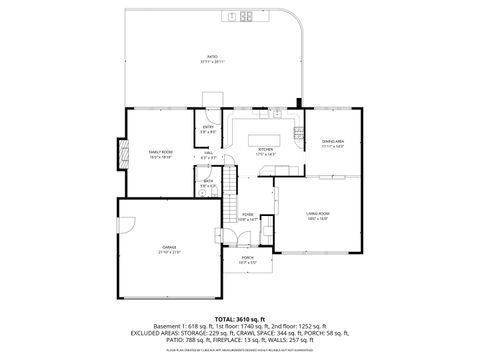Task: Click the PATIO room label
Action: [x=212, y=57]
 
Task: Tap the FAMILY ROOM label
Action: [x=161, y=154]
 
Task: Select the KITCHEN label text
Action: [x=265, y=150]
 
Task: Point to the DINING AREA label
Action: [x=333, y=143]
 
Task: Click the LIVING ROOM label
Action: [x=318, y=214]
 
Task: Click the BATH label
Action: [x=207, y=182]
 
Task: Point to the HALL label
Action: [x=208, y=154]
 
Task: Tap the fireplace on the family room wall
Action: [x=123, y=154]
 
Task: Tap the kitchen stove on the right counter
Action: [x=298, y=133]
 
